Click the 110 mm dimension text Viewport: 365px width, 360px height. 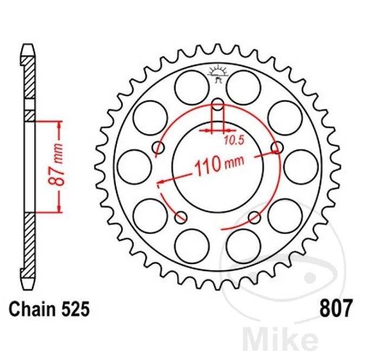coord(219,164)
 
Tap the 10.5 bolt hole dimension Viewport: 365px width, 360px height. coord(234,140)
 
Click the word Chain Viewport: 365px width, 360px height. coord(34,310)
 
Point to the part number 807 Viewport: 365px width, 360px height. coord(336,308)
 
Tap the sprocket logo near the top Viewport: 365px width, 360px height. coord(218,73)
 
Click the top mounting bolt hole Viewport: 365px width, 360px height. coord(218,104)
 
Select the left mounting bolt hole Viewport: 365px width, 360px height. coord(158,147)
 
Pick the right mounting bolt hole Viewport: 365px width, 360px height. coord(277,147)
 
